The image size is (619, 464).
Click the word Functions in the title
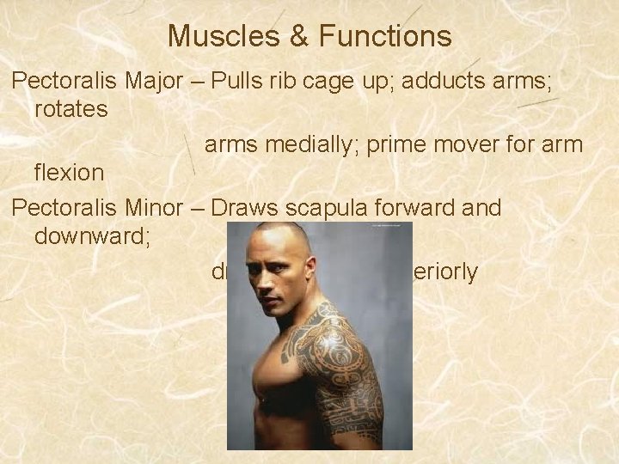[384, 36]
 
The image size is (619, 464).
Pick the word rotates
[70, 109]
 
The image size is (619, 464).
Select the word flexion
[69, 173]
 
